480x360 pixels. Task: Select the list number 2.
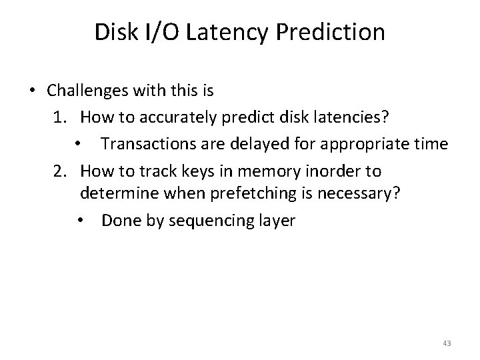click(x=61, y=171)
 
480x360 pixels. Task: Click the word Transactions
click(x=146, y=144)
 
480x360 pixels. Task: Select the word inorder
click(x=317, y=171)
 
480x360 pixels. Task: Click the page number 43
click(x=446, y=343)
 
